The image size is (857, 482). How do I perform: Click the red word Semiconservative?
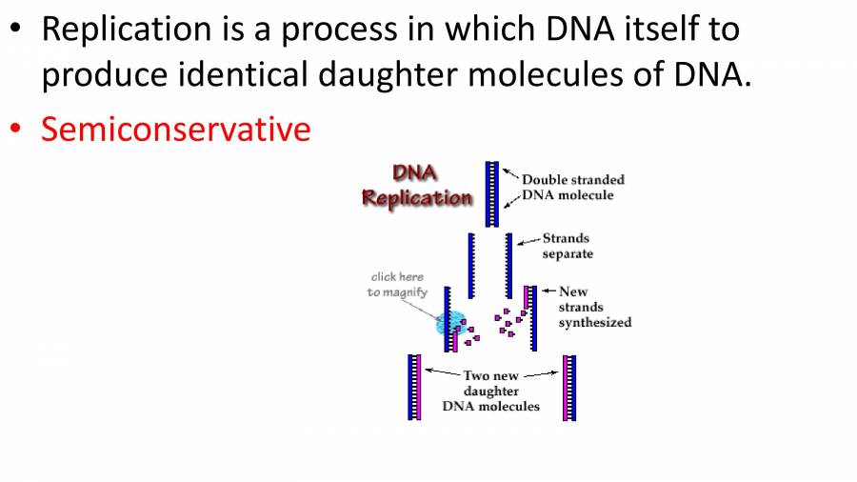pos(176,130)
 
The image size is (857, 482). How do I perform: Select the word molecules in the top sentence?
pos(546,73)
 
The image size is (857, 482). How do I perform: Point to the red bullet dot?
pos(15,129)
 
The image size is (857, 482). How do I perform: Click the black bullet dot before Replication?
pos(15,28)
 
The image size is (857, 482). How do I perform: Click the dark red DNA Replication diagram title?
pos(416,186)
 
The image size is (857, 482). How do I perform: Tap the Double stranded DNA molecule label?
pos(573,188)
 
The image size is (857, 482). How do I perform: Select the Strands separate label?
pos(568,246)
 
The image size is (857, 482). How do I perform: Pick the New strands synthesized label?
pos(594,307)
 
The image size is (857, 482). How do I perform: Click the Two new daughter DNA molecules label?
pos(490,391)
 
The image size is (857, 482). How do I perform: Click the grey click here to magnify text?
pos(397,284)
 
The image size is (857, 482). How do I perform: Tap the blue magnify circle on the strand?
pos(450,323)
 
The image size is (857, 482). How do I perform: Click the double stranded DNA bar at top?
pos(492,194)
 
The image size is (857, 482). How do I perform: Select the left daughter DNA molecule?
pos(414,388)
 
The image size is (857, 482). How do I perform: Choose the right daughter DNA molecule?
pos(569,388)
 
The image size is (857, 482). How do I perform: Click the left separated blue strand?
pos(471,266)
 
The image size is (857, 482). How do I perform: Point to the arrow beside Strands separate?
pos(529,241)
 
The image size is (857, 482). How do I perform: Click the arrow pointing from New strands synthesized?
pos(548,291)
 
